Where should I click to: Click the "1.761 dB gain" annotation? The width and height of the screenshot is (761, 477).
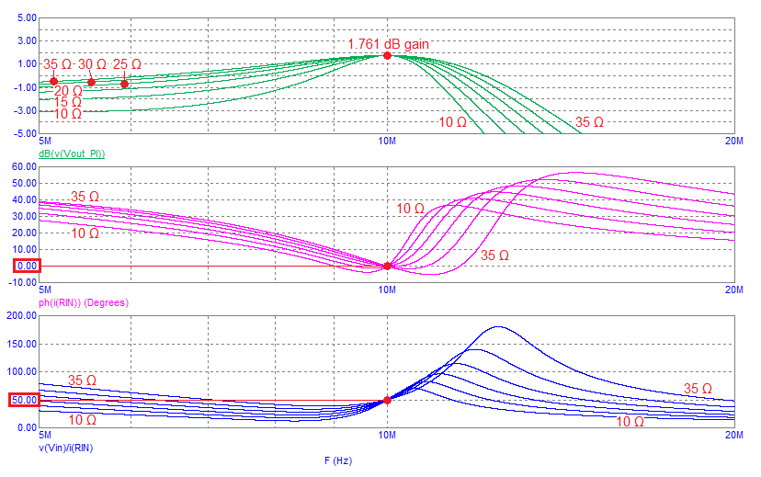click(x=388, y=43)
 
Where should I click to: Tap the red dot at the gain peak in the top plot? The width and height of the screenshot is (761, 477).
click(x=387, y=55)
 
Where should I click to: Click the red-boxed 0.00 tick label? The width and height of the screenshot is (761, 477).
click(x=26, y=266)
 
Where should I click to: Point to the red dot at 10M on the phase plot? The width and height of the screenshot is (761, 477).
click(x=387, y=266)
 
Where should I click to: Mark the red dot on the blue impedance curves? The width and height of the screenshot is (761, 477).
click(x=387, y=400)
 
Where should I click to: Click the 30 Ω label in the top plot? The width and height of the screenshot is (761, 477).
click(x=92, y=64)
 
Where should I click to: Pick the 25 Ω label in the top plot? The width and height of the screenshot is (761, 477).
click(x=127, y=64)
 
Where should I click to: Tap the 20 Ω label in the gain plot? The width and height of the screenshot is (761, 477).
click(x=68, y=90)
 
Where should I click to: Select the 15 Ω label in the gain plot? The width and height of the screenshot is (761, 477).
click(x=67, y=102)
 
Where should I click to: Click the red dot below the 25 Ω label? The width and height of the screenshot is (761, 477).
click(x=124, y=84)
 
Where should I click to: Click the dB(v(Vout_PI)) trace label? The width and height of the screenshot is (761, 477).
click(x=72, y=153)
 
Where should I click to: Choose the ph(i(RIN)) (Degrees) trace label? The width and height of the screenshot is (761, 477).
click(x=83, y=301)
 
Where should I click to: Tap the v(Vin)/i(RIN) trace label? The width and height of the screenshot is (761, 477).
click(x=65, y=448)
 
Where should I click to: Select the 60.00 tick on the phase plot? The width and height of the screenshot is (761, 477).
click(x=25, y=167)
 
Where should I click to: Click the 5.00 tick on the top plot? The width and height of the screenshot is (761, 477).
click(x=27, y=17)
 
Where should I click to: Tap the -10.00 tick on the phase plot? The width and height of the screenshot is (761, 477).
click(x=23, y=282)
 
